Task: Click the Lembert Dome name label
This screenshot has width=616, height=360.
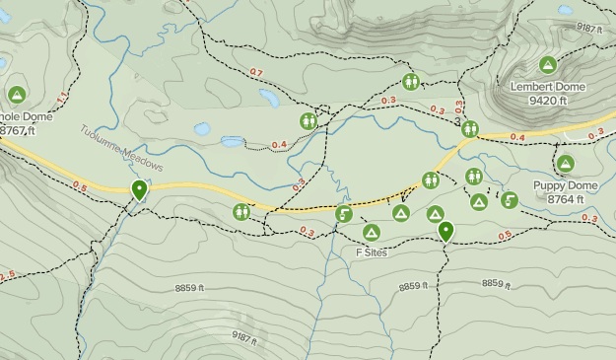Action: point(547,87)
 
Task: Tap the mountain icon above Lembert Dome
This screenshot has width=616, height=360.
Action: point(547,65)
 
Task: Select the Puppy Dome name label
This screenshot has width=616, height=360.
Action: point(565,185)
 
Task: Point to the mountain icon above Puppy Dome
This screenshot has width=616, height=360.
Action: point(565,164)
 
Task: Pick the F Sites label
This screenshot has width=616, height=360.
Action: point(371,252)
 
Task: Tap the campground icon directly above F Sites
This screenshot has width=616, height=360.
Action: point(371,233)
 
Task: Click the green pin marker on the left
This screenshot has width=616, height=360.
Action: point(140,189)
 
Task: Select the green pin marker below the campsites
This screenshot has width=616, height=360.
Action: point(445,232)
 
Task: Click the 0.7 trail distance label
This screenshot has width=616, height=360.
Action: point(256,72)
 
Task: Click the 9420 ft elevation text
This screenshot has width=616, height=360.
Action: point(548,100)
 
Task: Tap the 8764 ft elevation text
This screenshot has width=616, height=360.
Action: point(566,198)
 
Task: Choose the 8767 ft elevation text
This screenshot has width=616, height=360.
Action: point(18,129)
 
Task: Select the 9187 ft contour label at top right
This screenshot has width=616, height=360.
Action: point(589,29)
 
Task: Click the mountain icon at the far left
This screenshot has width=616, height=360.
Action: point(16,95)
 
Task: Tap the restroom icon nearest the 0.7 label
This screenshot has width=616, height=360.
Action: point(308,120)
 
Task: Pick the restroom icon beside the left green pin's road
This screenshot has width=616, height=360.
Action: point(241,211)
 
